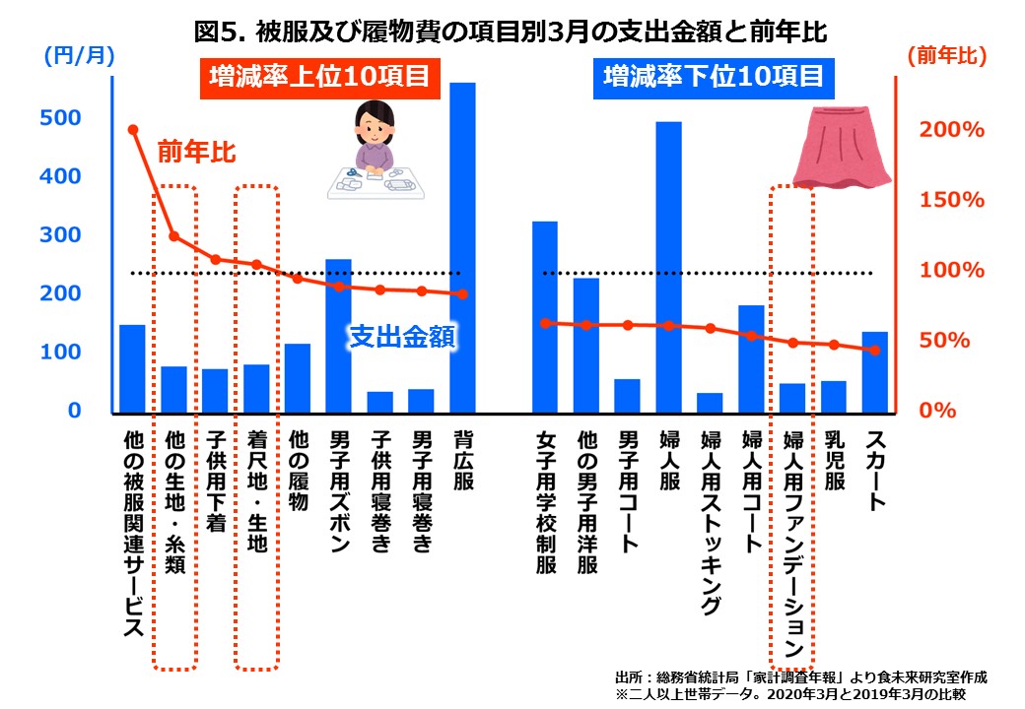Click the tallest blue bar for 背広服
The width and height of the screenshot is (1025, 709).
(x=462, y=246)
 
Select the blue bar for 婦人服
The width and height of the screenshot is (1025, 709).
(x=669, y=266)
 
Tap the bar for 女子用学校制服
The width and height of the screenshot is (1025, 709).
(x=545, y=316)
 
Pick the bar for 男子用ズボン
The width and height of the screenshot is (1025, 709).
(x=338, y=335)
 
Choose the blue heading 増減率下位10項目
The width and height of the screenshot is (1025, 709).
(x=713, y=76)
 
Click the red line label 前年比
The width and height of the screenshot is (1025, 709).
(x=196, y=153)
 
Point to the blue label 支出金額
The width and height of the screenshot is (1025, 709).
(x=402, y=338)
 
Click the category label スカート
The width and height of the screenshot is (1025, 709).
(x=875, y=471)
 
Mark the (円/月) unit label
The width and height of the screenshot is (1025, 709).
(x=80, y=57)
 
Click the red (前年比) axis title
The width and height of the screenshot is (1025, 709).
(x=947, y=57)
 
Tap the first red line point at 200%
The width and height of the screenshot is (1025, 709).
(x=133, y=129)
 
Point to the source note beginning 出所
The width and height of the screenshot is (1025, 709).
(x=800, y=677)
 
